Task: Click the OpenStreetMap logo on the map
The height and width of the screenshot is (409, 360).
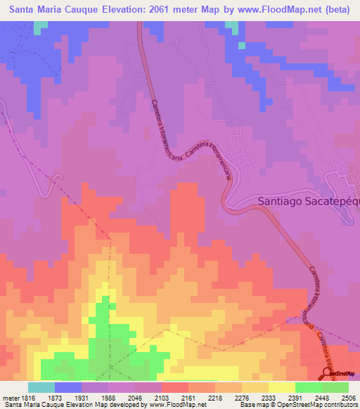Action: click(x=339, y=373)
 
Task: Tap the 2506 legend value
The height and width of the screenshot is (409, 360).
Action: click(x=349, y=398)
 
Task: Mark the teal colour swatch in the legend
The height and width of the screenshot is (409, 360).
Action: click(x=41, y=387)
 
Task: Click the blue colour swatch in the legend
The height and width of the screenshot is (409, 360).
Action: click(x=68, y=387)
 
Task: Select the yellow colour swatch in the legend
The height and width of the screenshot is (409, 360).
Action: click(x=282, y=387)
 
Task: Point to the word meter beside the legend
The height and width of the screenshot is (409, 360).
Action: click(x=10, y=398)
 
